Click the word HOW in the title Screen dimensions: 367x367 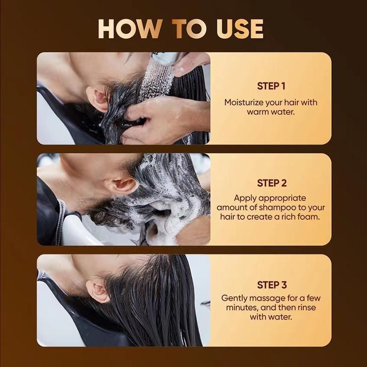(x=130, y=29)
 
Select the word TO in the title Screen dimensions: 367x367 (x=189, y=29)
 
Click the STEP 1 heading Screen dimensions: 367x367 (x=271, y=86)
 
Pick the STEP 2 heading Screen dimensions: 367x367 (x=272, y=183)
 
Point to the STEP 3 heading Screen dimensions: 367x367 (x=272, y=285)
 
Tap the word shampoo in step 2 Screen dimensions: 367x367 (x=278, y=207)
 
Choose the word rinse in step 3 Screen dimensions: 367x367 (x=306, y=307)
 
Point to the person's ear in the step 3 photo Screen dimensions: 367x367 (x=98, y=291)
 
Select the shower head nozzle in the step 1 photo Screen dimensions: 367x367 (x=165, y=58)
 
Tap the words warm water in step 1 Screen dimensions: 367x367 (x=270, y=112)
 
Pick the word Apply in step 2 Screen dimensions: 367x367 (x=245, y=198)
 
